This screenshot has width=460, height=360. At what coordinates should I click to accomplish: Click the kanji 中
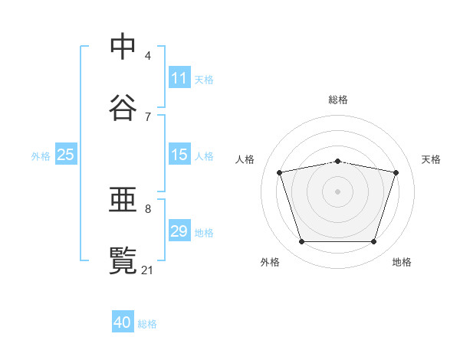(123, 46)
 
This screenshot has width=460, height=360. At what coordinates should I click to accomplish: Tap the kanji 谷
(123, 107)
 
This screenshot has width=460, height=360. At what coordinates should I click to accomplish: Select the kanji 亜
(123, 199)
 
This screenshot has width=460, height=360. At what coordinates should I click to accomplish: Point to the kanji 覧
(123, 260)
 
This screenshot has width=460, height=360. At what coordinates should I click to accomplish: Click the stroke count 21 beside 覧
(146, 270)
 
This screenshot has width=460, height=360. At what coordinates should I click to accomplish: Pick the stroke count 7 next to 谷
(148, 117)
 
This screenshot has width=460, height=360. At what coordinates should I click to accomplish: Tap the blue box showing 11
(179, 77)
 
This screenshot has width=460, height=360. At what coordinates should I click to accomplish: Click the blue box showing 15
(179, 154)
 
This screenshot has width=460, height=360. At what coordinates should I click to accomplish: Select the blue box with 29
(179, 230)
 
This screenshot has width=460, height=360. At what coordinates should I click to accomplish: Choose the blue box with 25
(66, 154)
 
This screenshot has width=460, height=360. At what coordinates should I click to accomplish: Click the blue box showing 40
(123, 321)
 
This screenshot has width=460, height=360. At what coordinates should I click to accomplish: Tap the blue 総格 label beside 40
(147, 324)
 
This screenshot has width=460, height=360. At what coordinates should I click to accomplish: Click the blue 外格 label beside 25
(41, 156)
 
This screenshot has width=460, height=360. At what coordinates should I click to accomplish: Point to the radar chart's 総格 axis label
(338, 100)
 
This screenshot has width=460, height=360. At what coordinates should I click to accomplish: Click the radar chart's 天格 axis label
(431, 159)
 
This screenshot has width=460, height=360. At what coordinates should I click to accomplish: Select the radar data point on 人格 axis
(280, 172)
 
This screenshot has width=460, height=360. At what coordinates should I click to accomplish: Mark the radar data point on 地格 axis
(373, 241)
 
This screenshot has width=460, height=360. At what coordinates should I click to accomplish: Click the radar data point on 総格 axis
(337, 162)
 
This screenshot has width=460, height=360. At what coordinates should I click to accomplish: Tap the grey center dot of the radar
(337, 191)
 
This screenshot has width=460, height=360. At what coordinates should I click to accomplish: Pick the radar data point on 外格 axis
(302, 241)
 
